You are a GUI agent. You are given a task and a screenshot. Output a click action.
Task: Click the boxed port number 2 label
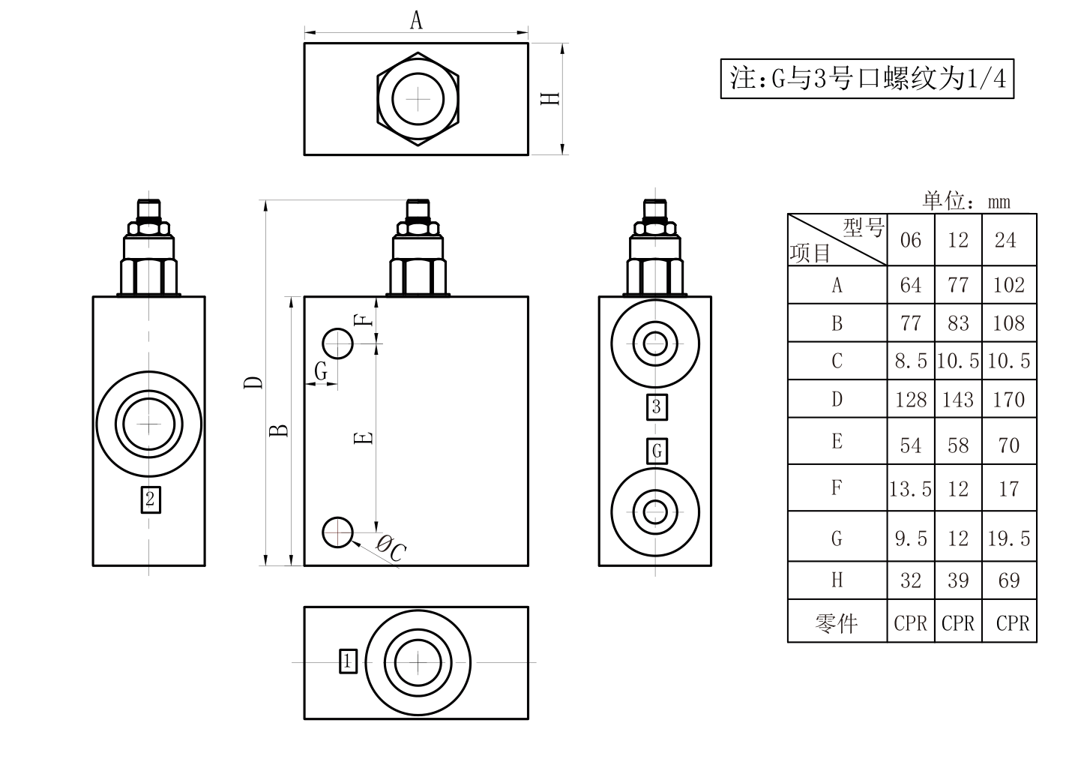151,499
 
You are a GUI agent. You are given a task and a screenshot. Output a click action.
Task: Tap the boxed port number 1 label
348,661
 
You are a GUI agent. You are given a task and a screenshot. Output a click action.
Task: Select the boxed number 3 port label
657,407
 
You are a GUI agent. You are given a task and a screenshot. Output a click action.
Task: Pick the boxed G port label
657,451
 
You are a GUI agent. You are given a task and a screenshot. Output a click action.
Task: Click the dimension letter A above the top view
416,21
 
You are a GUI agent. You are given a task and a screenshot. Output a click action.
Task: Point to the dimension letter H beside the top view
550,98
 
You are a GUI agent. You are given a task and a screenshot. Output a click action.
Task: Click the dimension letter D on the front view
253,382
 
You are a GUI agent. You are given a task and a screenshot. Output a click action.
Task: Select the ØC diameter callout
391,549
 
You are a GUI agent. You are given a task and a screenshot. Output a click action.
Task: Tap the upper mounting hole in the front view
338,343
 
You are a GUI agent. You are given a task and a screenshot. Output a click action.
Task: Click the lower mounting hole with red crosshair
338,532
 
